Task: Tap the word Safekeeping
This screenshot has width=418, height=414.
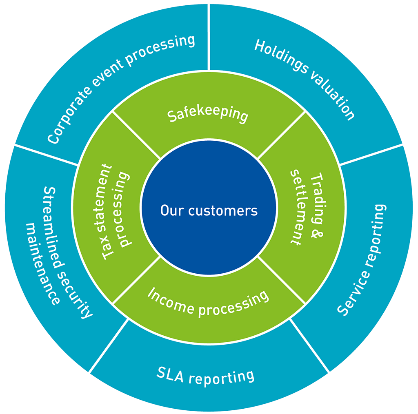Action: point(208,114)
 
